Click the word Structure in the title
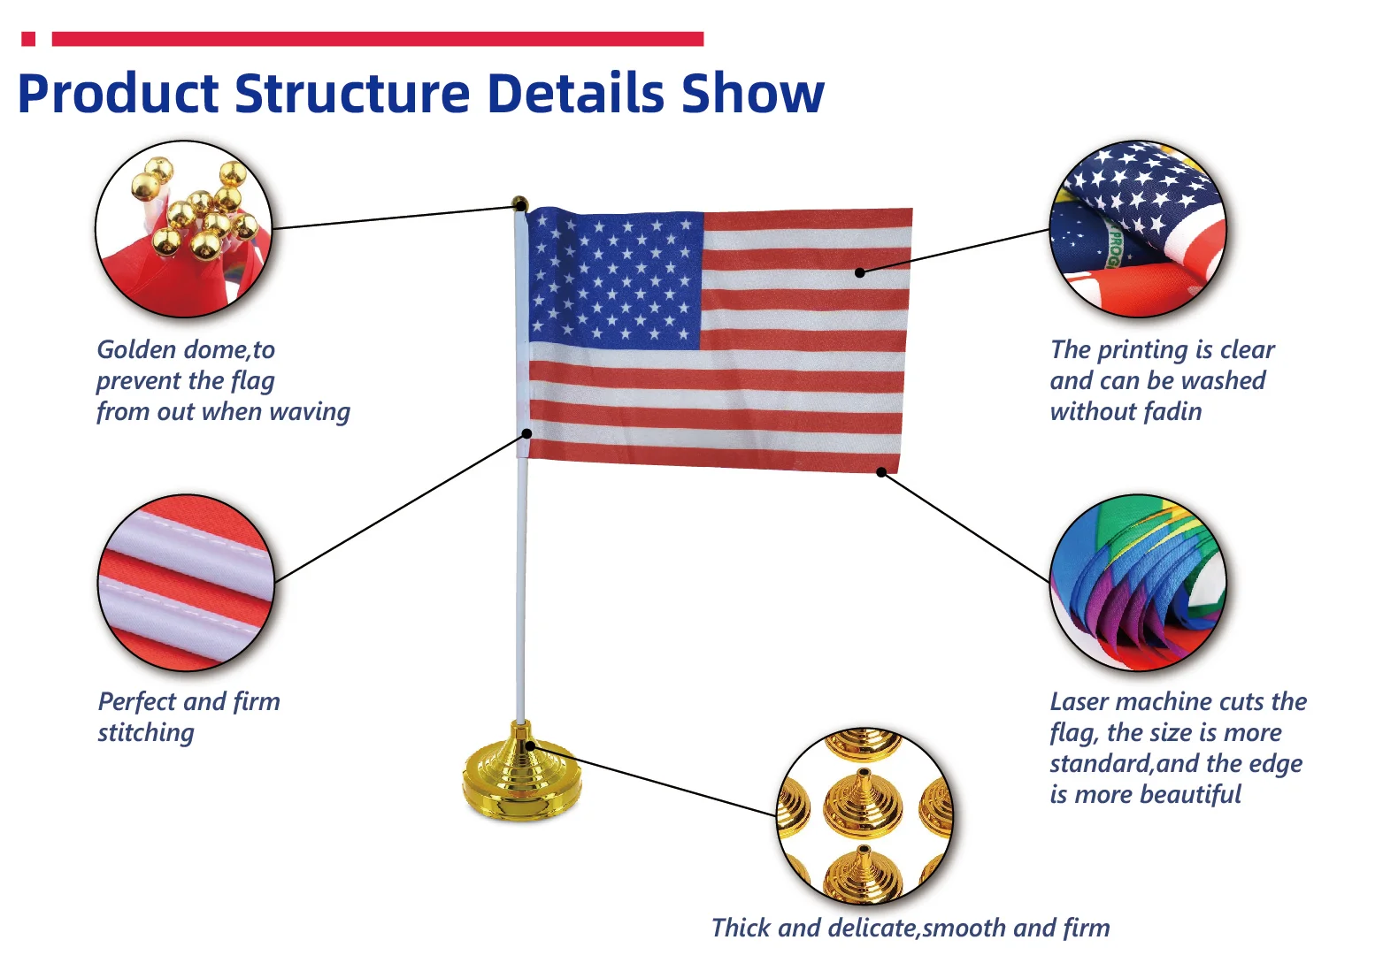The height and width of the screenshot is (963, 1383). tap(354, 94)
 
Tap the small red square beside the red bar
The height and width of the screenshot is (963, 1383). tap(28, 39)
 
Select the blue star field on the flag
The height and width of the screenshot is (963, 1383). tap(615, 279)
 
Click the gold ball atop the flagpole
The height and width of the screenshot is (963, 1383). tap(520, 204)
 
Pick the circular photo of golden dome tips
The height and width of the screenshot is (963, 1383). tap(185, 229)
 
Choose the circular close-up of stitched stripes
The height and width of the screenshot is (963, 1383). tap(186, 583)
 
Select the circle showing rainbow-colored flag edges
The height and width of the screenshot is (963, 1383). tap(1138, 583)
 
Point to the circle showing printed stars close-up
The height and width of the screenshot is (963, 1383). tap(1138, 228)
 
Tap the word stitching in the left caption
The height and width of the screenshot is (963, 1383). tap(146, 734)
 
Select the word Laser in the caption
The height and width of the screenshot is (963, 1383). tap(1080, 702)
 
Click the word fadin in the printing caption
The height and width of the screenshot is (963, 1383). tap(1172, 412)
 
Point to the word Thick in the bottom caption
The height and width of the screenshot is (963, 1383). tap(741, 929)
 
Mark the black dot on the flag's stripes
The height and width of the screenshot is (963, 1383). tap(859, 272)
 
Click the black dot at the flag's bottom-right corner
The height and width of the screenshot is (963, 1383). tap(881, 472)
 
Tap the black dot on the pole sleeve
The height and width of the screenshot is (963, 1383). tap(526, 433)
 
